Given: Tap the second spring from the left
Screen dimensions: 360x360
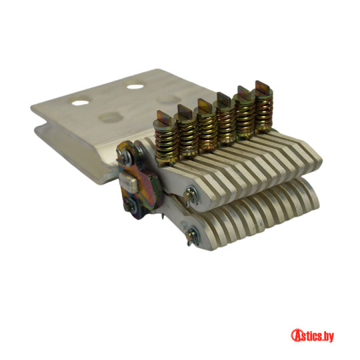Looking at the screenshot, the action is point(187,139).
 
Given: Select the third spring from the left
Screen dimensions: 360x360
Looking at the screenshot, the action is point(207,133).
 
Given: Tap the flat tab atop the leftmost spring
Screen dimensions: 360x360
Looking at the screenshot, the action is point(163,116).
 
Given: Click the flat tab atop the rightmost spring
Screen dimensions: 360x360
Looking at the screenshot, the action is point(263,87).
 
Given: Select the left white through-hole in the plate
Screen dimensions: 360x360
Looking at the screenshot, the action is point(80,103).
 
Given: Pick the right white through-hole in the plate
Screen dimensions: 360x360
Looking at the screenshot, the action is point(135,87).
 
